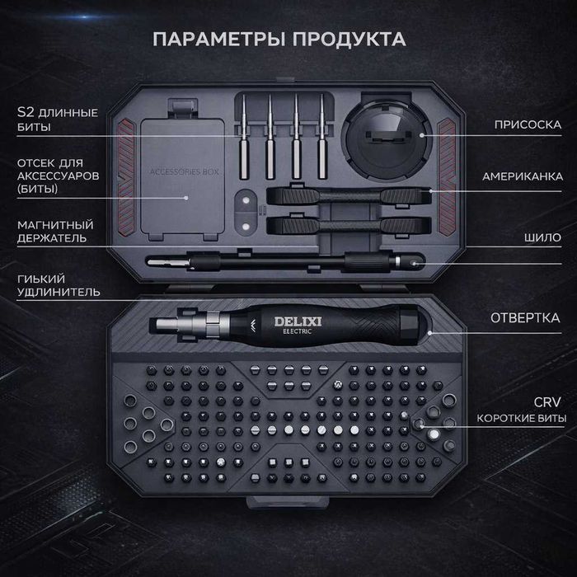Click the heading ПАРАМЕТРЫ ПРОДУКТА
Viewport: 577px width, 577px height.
279,39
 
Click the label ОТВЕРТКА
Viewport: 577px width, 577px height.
525,317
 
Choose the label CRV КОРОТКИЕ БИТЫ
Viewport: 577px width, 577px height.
521,410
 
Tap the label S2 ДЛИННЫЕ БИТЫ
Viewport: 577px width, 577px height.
57,120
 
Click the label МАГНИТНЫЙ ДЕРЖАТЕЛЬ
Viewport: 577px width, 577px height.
54,232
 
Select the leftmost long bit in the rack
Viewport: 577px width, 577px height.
246,140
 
